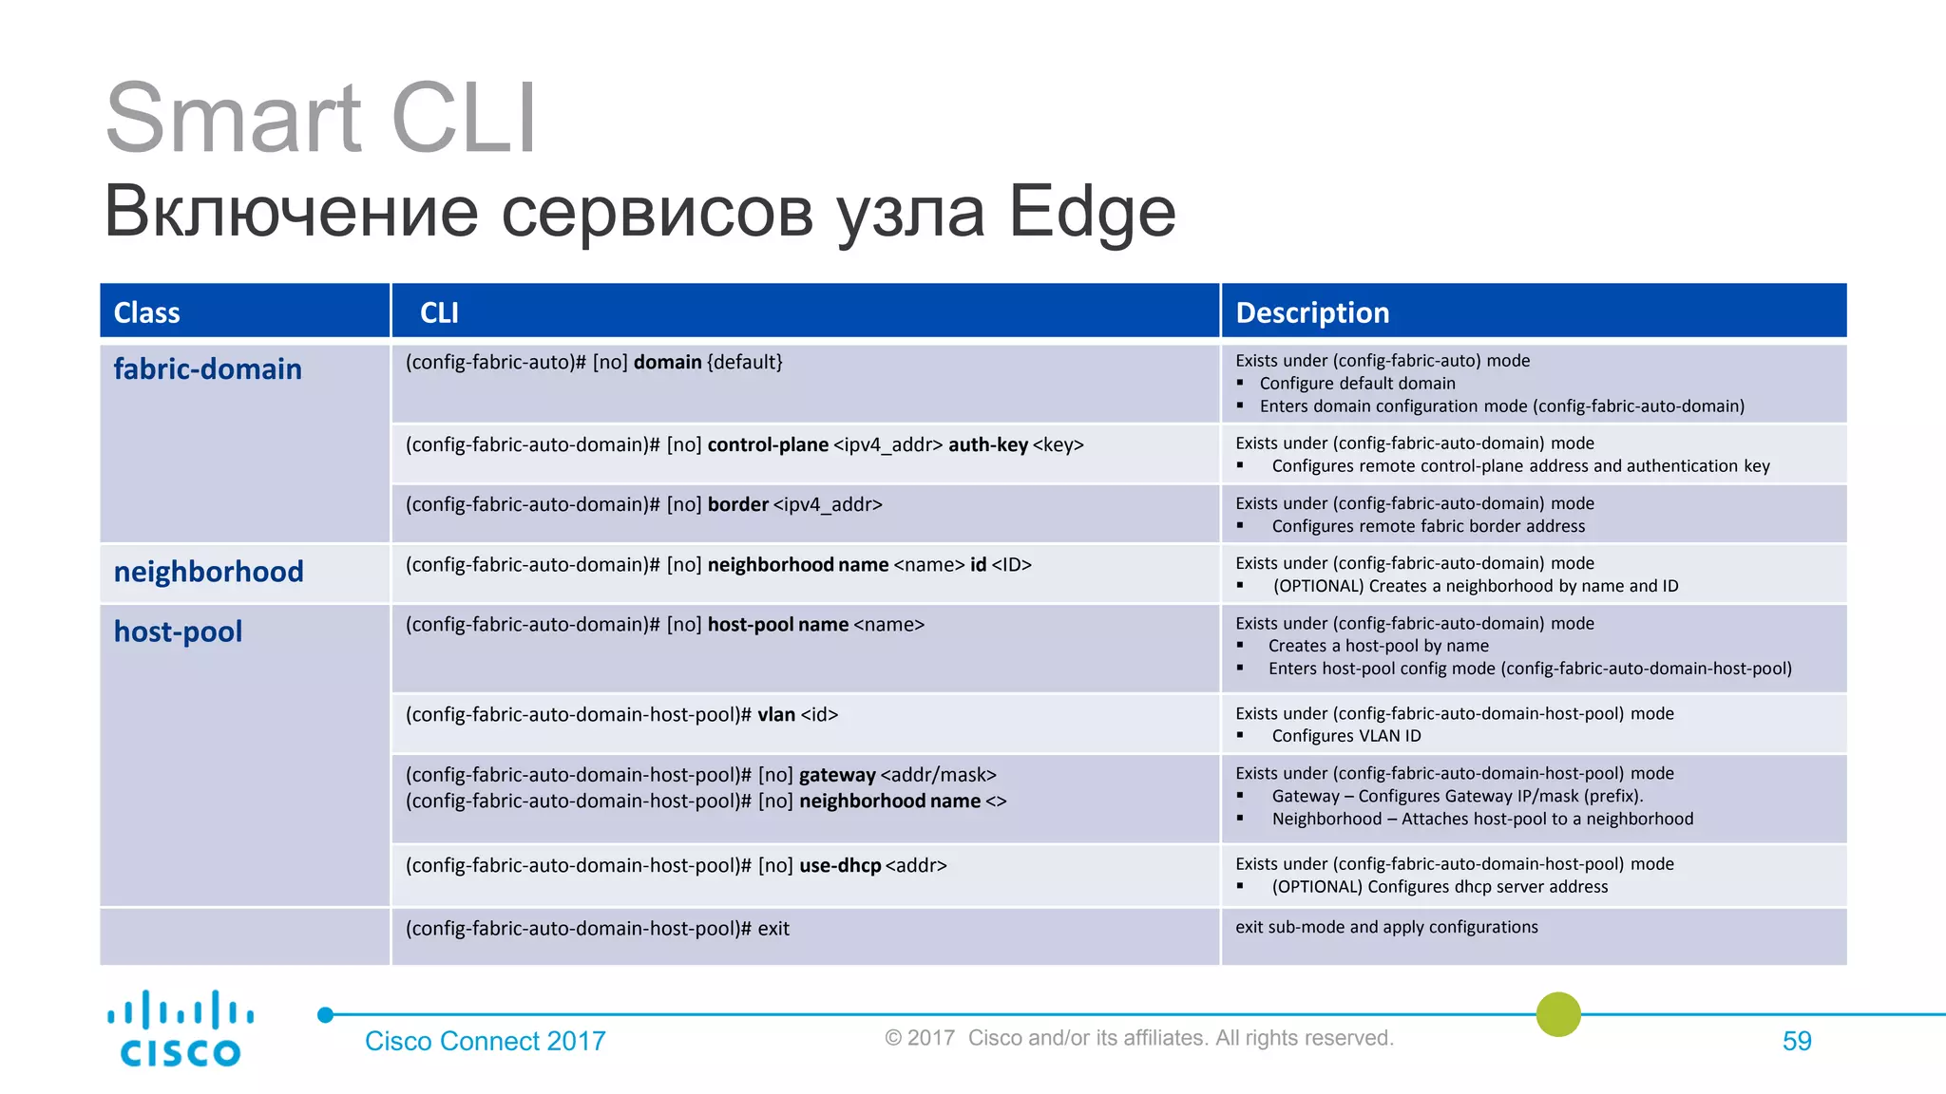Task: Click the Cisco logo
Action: click(x=180, y=1029)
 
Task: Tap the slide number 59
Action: click(x=1796, y=1042)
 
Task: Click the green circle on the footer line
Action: click(x=1558, y=1014)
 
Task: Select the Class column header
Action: click(x=146, y=312)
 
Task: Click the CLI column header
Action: click(x=439, y=312)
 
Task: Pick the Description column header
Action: click(x=1311, y=312)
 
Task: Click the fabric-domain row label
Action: click(x=207, y=369)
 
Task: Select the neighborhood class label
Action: click(x=208, y=572)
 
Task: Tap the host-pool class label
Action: click(x=178, y=632)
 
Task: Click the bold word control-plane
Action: click(x=768, y=445)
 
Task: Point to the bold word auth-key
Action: click(x=987, y=445)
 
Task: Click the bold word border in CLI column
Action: click(x=737, y=505)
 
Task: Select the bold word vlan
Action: click(x=775, y=715)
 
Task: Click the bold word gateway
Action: click(x=837, y=775)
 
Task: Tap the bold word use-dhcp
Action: click(x=840, y=866)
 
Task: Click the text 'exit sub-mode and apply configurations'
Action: click(x=1385, y=927)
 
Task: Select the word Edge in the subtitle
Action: click(x=1092, y=211)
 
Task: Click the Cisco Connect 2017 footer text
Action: click(x=485, y=1042)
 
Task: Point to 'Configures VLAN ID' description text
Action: click(x=1345, y=736)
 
